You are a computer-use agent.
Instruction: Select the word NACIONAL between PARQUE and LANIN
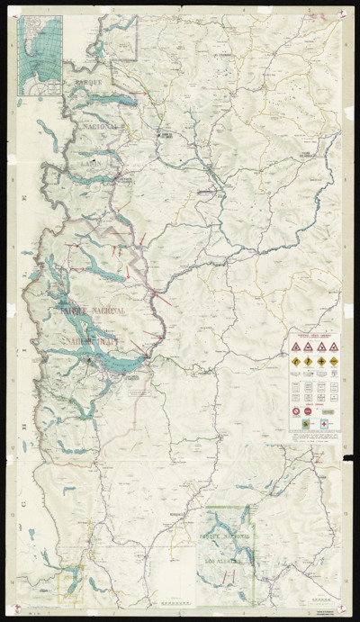(100, 127)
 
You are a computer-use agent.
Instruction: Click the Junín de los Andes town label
(165, 135)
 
